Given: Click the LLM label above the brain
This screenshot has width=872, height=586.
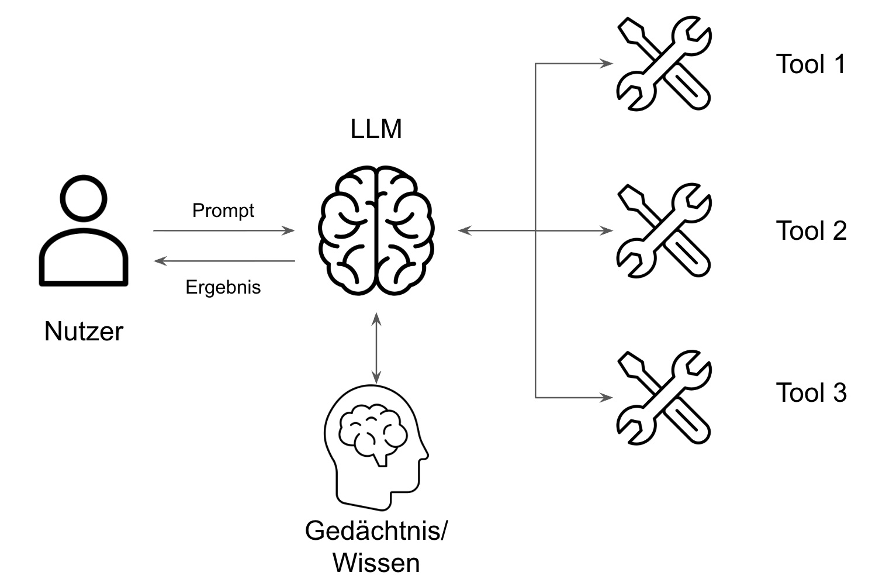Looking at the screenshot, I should point(376,129).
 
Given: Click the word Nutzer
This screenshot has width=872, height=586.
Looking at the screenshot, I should point(84,332).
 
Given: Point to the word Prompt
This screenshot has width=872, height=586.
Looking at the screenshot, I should point(223,211).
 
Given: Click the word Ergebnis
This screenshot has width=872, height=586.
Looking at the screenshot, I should point(223,287).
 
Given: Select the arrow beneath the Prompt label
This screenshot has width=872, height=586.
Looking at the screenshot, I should point(223,231).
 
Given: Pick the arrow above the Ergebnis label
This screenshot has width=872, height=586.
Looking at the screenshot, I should point(223,261).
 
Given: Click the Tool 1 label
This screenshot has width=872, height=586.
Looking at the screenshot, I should point(811,64).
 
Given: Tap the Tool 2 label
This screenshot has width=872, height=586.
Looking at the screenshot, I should point(811,231).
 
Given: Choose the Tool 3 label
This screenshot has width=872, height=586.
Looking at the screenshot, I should point(811,392).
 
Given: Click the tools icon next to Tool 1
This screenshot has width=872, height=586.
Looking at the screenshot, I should point(664,64).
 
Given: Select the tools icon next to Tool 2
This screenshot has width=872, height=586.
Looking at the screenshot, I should point(664,231).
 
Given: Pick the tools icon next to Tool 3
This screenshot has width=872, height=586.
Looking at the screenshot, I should point(664,398).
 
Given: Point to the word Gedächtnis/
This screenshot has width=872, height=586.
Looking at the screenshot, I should point(376,531).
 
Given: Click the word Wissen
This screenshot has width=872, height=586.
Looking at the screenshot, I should point(376,563).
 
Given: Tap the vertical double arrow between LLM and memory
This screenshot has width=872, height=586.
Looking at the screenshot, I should point(376,348).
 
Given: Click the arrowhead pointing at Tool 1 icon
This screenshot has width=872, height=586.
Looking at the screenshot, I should point(608,64).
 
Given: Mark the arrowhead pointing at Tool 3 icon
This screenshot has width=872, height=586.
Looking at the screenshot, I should point(608,398).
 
